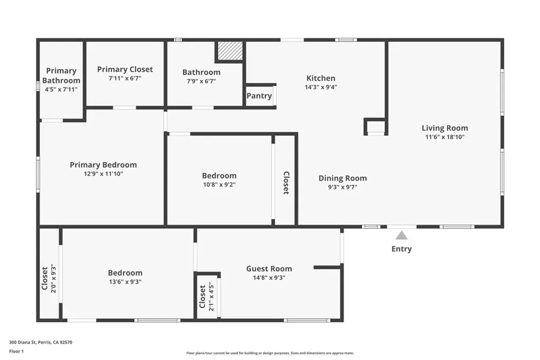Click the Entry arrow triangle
pyautogui.click(x=401, y=236)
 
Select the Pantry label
pyautogui.click(x=259, y=96)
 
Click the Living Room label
pyautogui.click(x=445, y=128)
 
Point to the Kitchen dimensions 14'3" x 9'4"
pyautogui.click(x=321, y=87)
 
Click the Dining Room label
pyautogui.click(x=342, y=178)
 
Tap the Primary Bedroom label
pyautogui.click(x=103, y=165)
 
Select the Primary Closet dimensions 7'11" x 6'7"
pyautogui.click(x=125, y=78)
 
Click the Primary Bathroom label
pyautogui.click(x=61, y=75)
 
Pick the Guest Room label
pyautogui.click(x=269, y=269)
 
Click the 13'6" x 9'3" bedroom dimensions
pyautogui.click(x=125, y=282)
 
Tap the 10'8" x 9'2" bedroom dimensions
pyautogui.click(x=219, y=185)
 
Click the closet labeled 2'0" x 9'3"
pyautogui.click(x=49, y=278)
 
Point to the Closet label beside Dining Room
pyautogui.click(x=286, y=183)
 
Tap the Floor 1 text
pyautogui.click(x=16, y=351)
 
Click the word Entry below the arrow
pyautogui.click(x=401, y=249)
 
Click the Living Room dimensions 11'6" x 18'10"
pyautogui.click(x=445, y=137)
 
